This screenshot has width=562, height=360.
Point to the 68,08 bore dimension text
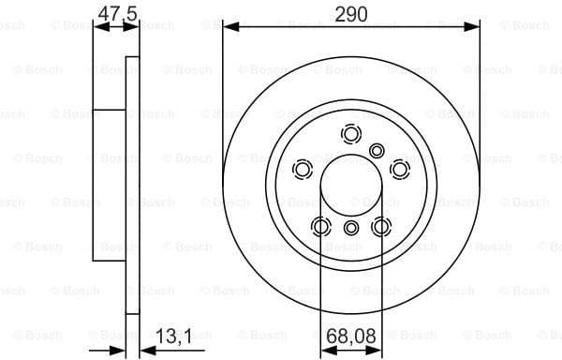351,335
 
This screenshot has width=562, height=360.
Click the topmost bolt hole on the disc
351,133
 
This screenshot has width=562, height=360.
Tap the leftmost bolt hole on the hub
303,169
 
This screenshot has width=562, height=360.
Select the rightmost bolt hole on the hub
400,169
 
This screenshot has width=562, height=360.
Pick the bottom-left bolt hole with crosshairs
321,226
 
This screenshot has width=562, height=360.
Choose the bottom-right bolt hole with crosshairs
381,226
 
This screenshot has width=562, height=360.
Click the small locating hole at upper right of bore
377,150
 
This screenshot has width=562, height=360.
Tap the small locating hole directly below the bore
351,228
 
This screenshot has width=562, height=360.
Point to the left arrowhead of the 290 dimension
229,29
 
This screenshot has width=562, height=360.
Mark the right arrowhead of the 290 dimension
475,29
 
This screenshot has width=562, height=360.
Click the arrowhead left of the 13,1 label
120,351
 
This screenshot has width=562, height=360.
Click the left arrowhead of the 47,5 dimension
99,29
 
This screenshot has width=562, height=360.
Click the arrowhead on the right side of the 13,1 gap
144,351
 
